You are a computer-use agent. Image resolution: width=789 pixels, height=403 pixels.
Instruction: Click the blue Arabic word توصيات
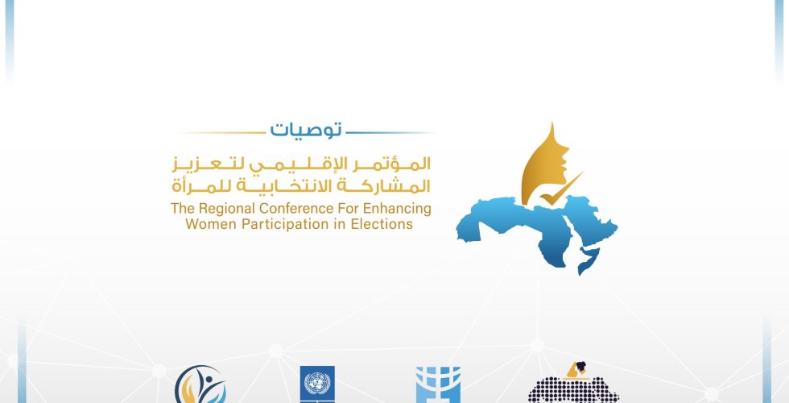point(306,130)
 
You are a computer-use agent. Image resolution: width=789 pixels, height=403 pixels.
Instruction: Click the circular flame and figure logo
point(200,385)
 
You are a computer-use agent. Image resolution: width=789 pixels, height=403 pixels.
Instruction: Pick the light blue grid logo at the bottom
point(438,385)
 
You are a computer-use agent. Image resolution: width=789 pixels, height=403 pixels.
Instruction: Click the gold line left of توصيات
point(222,133)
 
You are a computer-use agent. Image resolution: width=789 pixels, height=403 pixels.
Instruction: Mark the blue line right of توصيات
point(390,133)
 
